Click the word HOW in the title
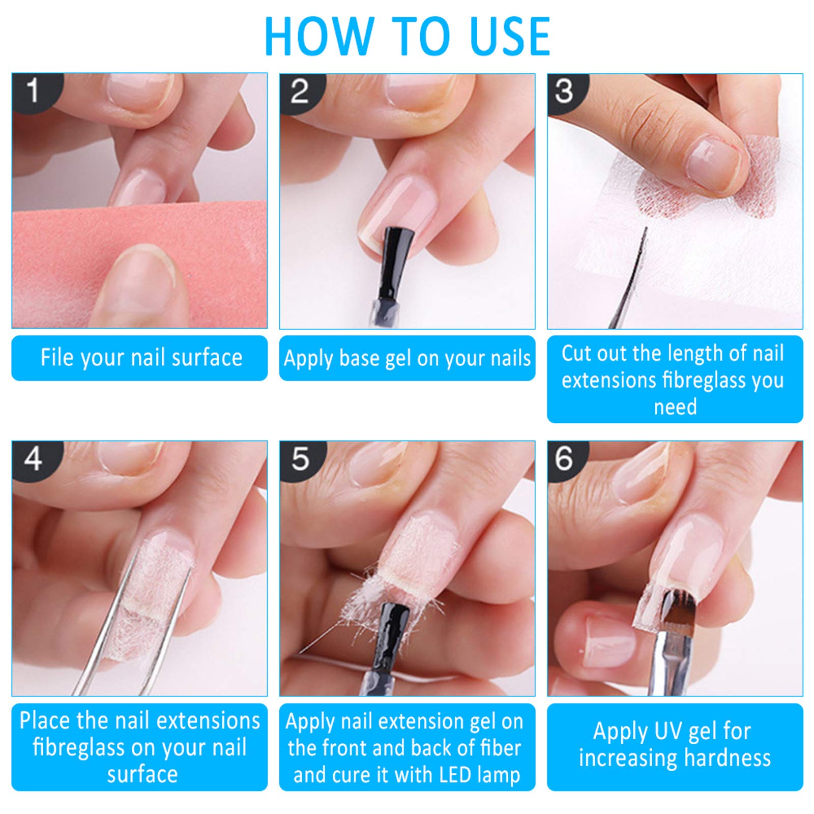click(x=319, y=37)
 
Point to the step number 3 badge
click(x=566, y=92)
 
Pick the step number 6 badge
click(x=566, y=460)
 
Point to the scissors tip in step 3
click(x=646, y=229)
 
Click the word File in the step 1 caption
click(x=57, y=357)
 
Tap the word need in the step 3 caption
click(x=675, y=407)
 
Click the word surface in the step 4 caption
click(x=142, y=774)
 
